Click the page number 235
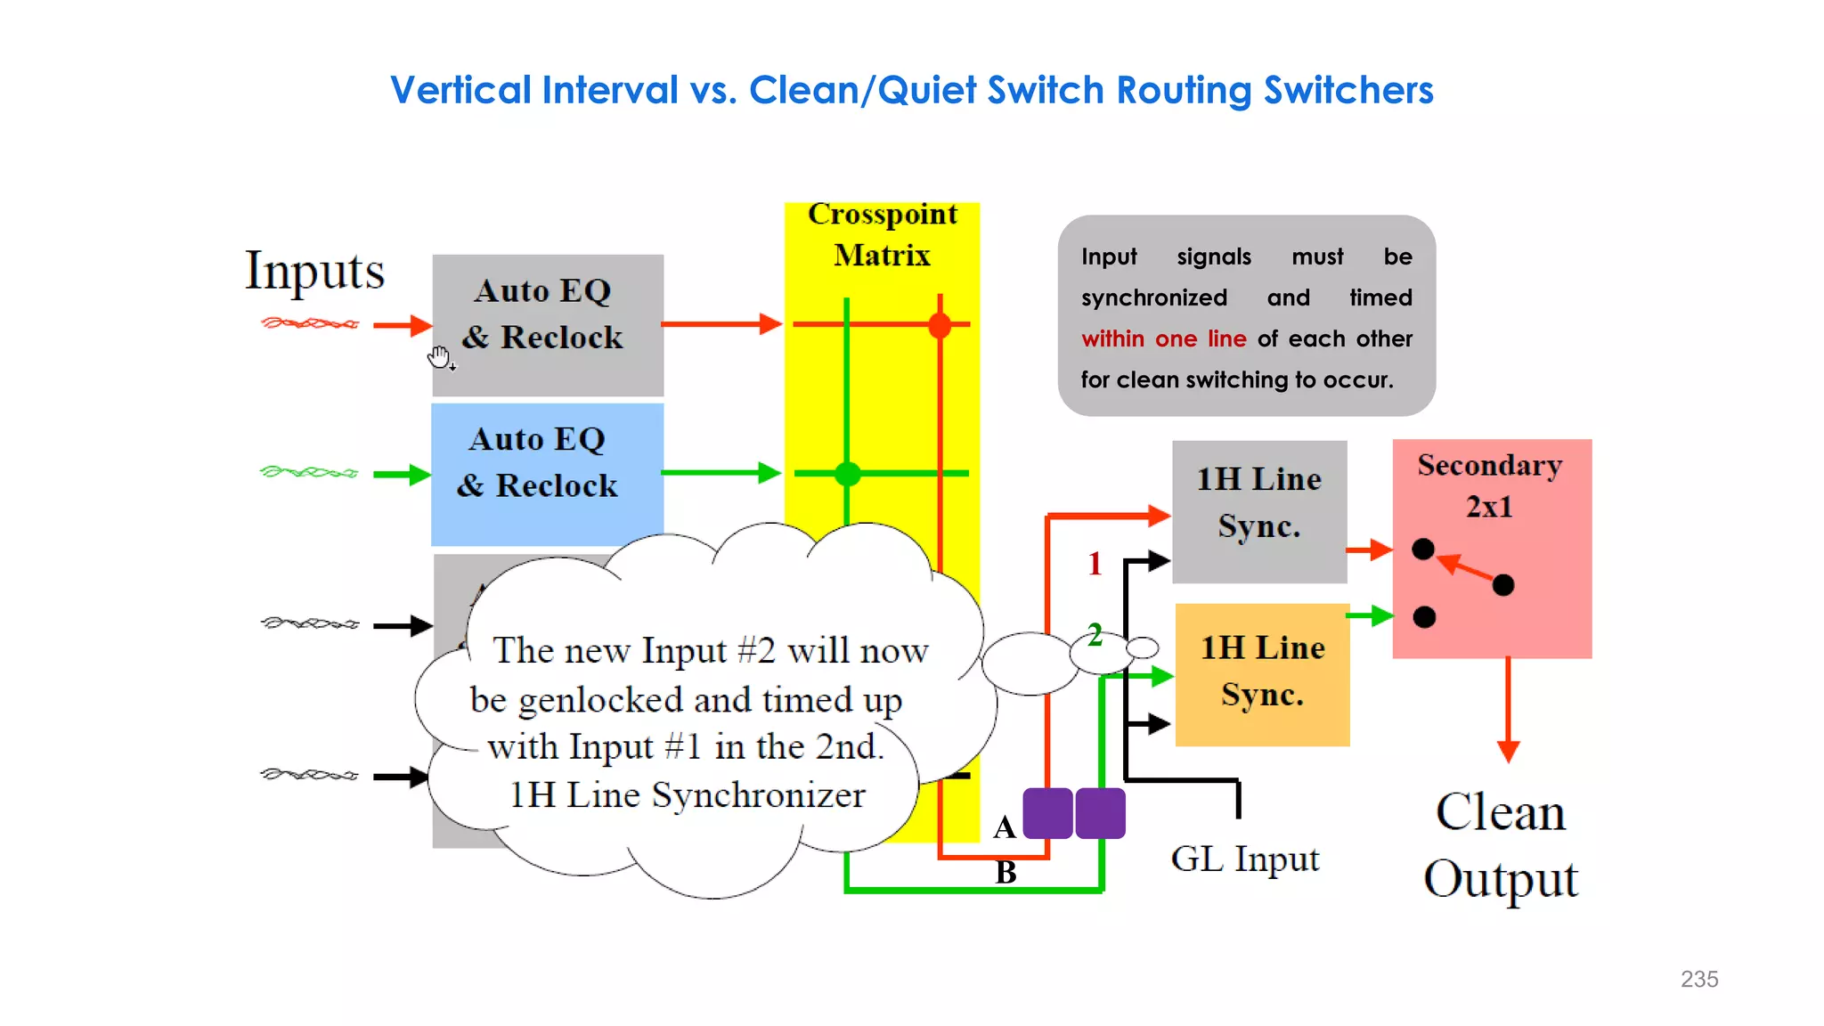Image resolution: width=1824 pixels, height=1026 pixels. click(1698, 979)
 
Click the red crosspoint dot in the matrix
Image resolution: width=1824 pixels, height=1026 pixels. click(940, 325)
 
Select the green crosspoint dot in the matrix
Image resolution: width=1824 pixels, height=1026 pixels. click(847, 474)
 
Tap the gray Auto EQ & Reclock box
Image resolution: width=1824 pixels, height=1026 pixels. click(547, 324)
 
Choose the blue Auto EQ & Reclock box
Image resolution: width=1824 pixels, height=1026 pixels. click(547, 473)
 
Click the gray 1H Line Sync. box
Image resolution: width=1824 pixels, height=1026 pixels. click(1258, 511)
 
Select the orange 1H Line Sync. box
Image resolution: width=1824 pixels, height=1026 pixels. click(1262, 674)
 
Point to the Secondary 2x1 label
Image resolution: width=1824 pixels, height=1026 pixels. click(1489, 485)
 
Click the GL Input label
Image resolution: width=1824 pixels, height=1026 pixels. click(1244, 859)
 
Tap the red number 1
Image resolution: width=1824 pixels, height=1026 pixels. click(1095, 564)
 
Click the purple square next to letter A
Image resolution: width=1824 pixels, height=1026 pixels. click(1047, 812)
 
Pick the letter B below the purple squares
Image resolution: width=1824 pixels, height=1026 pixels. click(1006, 872)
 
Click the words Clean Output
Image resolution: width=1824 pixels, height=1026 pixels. click(1501, 845)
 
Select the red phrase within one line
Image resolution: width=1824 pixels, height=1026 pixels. click(1163, 339)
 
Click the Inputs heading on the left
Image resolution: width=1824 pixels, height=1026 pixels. click(314, 271)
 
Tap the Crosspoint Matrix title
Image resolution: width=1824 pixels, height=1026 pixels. click(882, 234)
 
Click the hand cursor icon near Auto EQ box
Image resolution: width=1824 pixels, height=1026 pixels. click(440, 358)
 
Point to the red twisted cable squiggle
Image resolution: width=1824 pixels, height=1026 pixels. click(310, 323)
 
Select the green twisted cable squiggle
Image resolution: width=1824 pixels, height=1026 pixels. click(309, 472)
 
